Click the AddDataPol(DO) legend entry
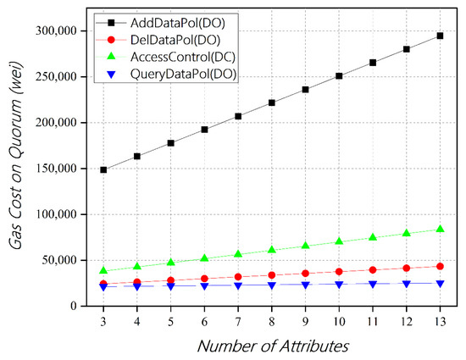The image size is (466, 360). click(164, 19)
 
